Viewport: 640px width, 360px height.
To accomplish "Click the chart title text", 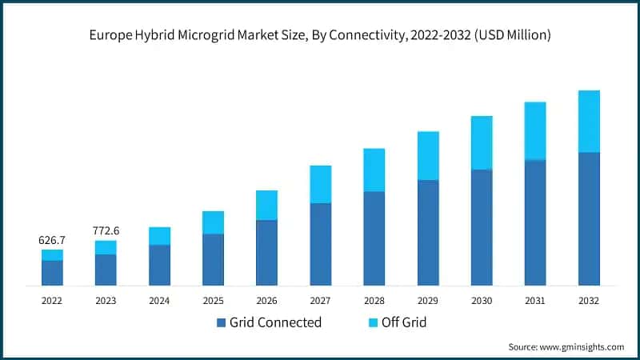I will pyautogui.click(x=320, y=35).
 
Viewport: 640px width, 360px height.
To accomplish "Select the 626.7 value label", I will pyautogui.click(x=52, y=239).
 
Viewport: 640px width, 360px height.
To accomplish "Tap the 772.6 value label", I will pyautogui.click(x=106, y=230).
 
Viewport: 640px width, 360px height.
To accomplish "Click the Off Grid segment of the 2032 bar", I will pyautogui.click(x=589, y=121).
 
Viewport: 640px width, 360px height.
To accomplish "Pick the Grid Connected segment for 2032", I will pyautogui.click(x=589, y=218).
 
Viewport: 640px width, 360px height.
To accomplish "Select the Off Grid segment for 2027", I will pyautogui.click(x=321, y=184).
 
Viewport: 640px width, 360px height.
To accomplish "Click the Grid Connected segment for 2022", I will pyautogui.click(x=52, y=273).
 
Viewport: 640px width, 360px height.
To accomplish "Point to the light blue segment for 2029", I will pyautogui.click(x=428, y=156).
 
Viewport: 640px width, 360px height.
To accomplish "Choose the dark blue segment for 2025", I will pyautogui.click(x=213, y=259).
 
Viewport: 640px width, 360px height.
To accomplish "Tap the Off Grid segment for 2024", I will pyautogui.click(x=159, y=236).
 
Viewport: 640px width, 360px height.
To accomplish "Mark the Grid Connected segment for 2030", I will pyautogui.click(x=482, y=227).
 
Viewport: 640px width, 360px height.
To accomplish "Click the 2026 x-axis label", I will pyautogui.click(x=266, y=300).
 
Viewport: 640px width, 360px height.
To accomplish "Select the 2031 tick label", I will pyautogui.click(x=535, y=300).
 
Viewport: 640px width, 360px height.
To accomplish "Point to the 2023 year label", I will pyautogui.click(x=106, y=300).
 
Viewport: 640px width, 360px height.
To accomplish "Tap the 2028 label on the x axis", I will pyautogui.click(x=374, y=300).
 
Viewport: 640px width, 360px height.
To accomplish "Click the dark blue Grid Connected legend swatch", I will pyautogui.click(x=221, y=323).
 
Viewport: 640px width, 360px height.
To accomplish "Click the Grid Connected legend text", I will pyautogui.click(x=275, y=323).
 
